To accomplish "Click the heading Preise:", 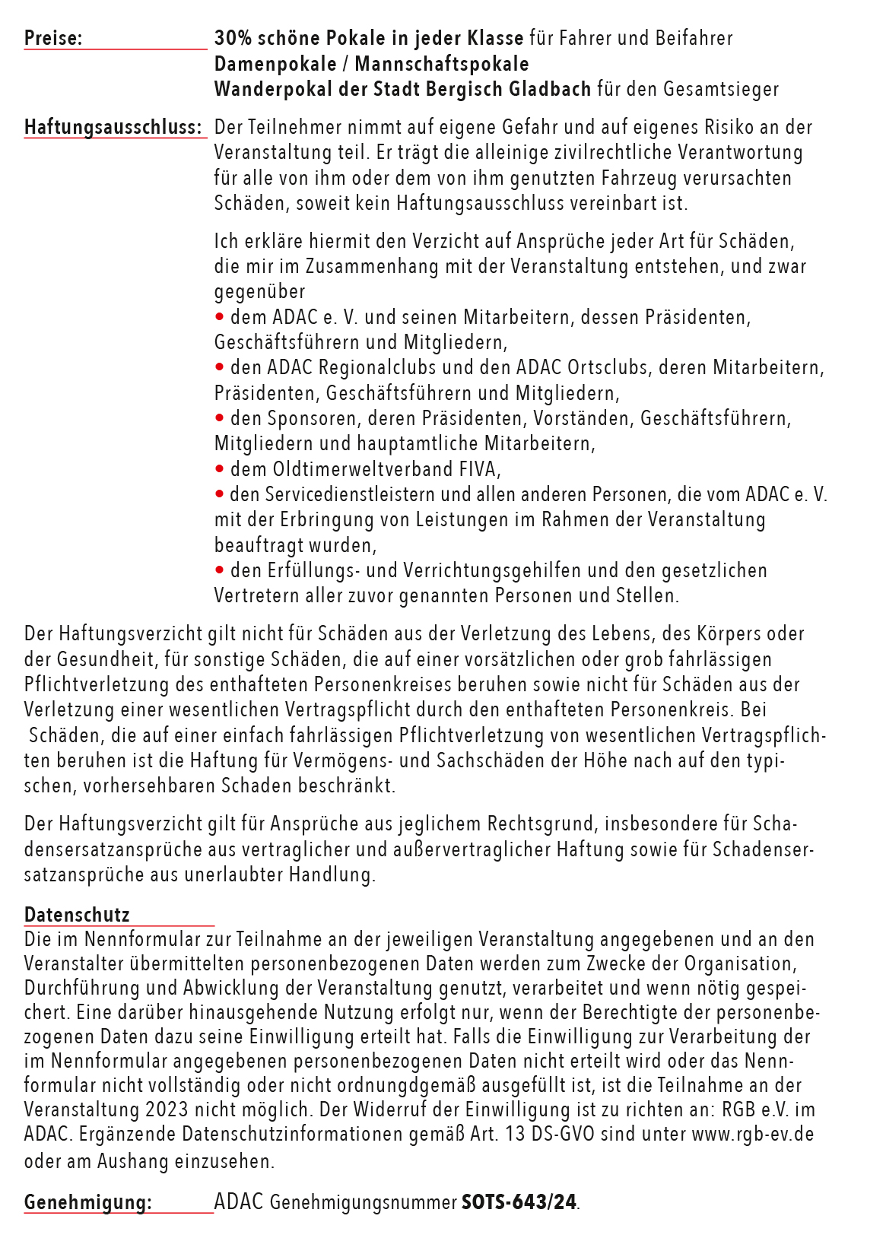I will (x=53, y=38).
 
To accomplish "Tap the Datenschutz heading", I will (x=77, y=915).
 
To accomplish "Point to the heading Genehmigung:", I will (x=87, y=1202).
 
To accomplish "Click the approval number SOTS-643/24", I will (x=519, y=1202).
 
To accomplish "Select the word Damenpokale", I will (x=275, y=64).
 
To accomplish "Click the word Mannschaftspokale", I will (x=442, y=64).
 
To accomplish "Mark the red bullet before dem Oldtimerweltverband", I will (x=220, y=468).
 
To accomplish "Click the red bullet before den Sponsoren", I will (x=220, y=418).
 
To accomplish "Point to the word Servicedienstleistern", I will (x=350, y=494).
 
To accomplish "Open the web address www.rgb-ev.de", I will (x=752, y=1134).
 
